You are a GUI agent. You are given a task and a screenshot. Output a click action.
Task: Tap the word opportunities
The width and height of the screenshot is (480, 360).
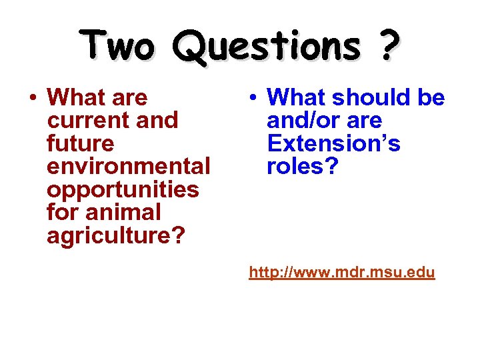pyautogui.click(x=123, y=190)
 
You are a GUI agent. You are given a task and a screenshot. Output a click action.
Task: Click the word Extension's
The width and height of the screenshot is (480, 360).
pyautogui.click(x=333, y=143)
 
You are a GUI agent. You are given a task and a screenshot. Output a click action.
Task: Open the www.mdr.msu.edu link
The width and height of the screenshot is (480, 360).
pyautogui.click(x=342, y=272)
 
